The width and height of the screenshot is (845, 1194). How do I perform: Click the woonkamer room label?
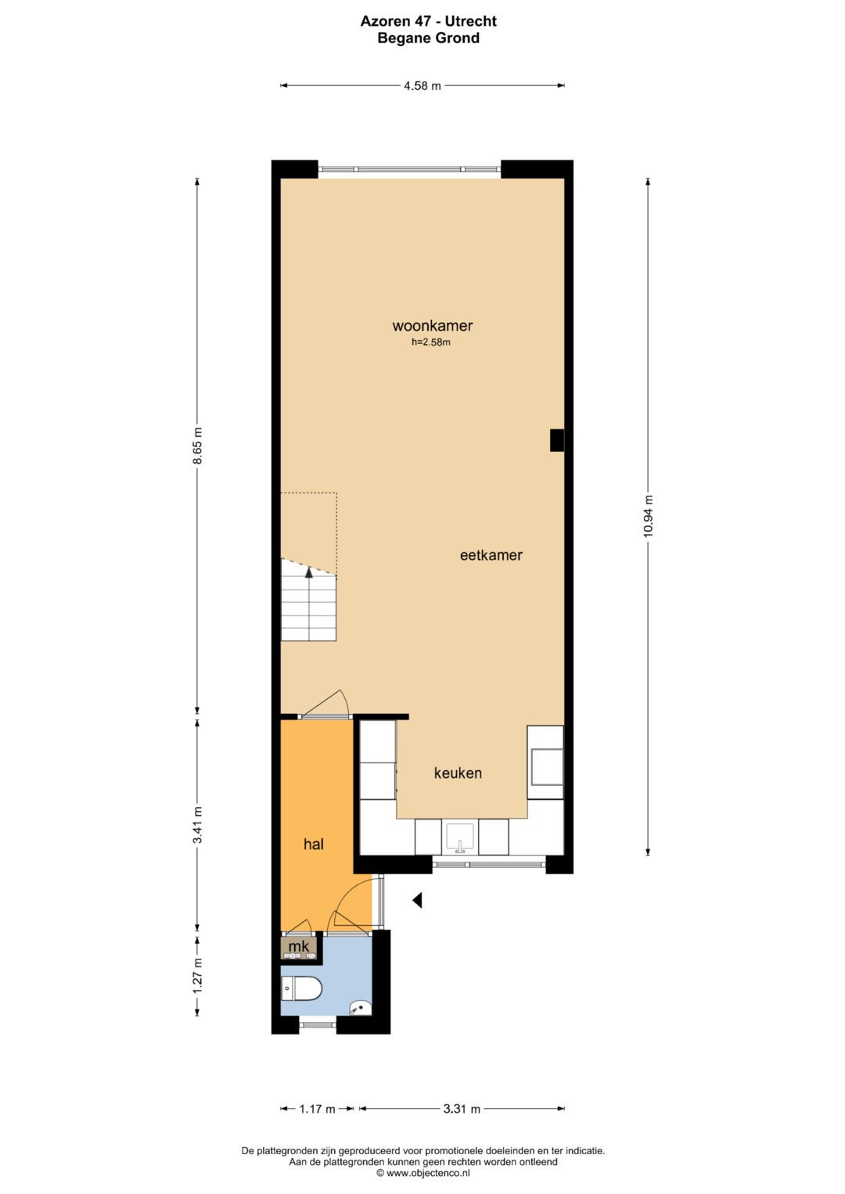pyautogui.click(x=432, y=325)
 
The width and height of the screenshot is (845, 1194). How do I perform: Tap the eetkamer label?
pyautogui.click(x=491, y=555)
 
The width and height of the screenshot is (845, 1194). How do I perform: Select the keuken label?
pyautogui.click(x=458, y=773)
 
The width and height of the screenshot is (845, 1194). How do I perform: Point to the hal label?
pyautogui.click(x=313, y=844)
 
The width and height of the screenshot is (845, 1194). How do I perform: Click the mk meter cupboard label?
pyautogui.click(x=298, y=946)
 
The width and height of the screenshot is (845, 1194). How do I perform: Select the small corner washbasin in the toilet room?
pyautogui.click(x=361, y=1007)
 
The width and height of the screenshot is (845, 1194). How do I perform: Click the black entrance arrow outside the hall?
pyautogui.click(x=417, y=900)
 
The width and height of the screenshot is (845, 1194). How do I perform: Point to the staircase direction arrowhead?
pyautogui.click(x=308, y=572)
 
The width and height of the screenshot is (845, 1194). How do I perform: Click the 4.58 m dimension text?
pyautogui.click(x=422, y=86)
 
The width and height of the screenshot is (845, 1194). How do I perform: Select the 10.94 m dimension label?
pyautogui.click(x=648, y=516)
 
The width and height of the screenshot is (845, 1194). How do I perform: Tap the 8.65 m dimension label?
pyautogui.click(x=197, y=445)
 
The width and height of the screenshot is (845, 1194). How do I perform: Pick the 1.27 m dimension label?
pyautogui.click(x=197, y=975)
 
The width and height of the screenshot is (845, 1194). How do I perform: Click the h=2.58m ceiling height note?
pyautogui.click(x=431, y=342)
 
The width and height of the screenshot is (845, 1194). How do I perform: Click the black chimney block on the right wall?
pyautogui.click(x=557, y=440)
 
